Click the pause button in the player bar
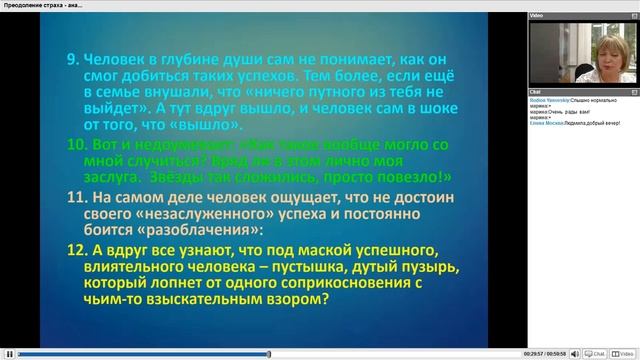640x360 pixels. click(9, 353)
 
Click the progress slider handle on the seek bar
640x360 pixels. click(268, 353)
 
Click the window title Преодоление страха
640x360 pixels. click(35, 5)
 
